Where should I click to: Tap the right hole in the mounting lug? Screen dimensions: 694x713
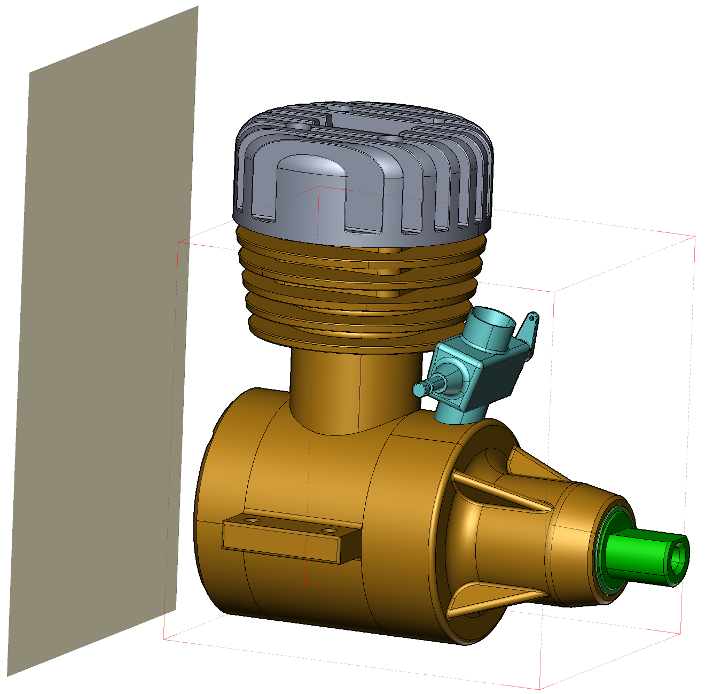[330, 531]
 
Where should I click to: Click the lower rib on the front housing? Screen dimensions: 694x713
[491, 598]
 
